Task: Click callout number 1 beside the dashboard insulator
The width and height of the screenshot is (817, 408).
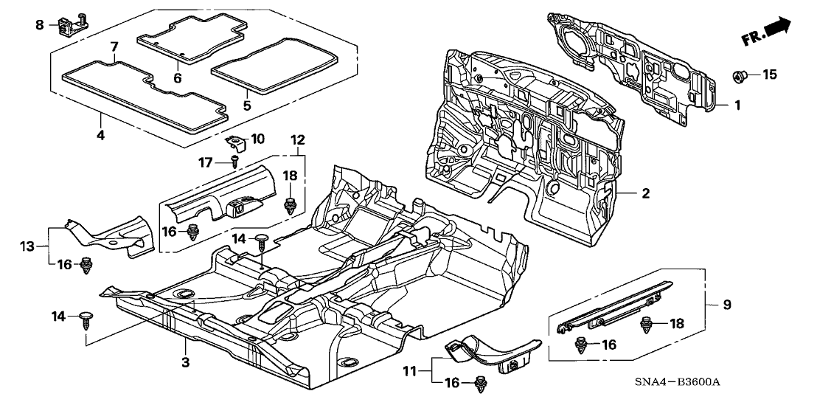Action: coord(735,106)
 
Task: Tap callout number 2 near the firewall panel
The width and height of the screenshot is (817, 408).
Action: coord(645,194)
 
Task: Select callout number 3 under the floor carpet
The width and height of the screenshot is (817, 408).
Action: coord(185,362)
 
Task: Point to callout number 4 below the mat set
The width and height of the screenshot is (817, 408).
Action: coord(100,135)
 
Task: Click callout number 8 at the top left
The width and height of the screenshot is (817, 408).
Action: coord(40,25)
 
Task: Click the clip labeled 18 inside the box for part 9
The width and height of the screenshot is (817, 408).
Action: coord(647,322)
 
